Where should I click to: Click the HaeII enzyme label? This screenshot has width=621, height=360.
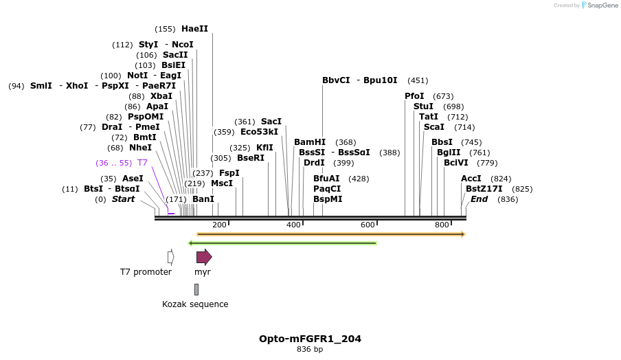click(194, 29)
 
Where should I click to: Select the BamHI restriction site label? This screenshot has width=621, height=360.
click(310, 142)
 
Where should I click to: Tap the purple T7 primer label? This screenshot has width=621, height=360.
click(142, 163)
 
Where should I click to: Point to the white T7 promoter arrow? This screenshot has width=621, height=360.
click(171, 257)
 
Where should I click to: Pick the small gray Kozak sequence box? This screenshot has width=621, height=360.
click(196, 289)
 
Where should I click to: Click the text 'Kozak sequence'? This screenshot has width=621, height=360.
click(195, 304)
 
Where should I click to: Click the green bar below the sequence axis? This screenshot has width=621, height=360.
click(282, 243)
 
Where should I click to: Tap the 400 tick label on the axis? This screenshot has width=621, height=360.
click(294, 225)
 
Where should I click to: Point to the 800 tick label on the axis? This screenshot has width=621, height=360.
click(442, 225)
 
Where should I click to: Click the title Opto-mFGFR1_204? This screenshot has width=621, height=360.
click(310, 339)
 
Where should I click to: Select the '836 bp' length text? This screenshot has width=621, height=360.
click(310, 350)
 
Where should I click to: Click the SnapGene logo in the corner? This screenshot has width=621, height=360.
click(599, 5)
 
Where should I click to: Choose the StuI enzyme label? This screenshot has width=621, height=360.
click(423, 106)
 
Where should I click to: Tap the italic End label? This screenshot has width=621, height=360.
click(479, 199)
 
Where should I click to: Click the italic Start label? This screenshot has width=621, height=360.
click(124, 199)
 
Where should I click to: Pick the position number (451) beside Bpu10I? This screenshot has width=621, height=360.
click(418, 80)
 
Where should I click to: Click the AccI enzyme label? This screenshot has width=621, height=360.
click(471, 179)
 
